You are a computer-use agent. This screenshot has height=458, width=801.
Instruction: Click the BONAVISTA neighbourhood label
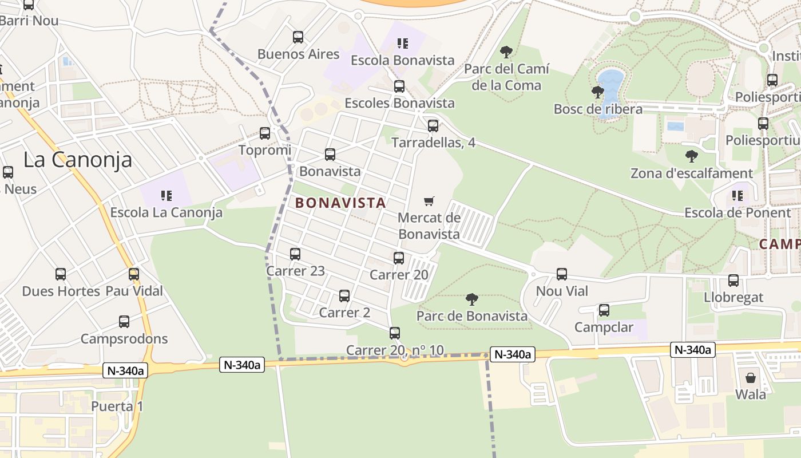(340, 203)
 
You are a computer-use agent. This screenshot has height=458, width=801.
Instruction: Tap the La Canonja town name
(78, 160)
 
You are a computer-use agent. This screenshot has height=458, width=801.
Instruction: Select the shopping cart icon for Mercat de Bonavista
(429, 201)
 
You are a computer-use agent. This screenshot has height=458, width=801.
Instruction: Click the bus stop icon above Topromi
(265, 133)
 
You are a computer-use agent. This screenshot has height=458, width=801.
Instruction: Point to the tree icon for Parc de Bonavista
(472, 299)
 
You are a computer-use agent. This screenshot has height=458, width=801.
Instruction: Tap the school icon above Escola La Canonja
(166, 196)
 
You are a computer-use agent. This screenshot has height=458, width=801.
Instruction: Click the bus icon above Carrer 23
(295, 254)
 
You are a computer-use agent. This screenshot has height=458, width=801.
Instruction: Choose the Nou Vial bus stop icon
(562, 274)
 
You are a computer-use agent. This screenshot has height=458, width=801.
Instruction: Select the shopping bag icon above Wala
(751, 378)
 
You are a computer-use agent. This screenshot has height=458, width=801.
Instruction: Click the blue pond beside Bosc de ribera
(610, 86)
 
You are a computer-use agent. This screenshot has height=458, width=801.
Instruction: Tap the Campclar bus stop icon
(604, 310)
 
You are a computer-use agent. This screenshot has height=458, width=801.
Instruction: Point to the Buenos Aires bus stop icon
(298, 37)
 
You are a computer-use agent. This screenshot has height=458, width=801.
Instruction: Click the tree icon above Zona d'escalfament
(692, 156)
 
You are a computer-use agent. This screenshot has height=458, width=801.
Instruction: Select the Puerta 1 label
(117, 406)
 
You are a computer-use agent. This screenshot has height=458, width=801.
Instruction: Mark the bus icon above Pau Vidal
(134, 274)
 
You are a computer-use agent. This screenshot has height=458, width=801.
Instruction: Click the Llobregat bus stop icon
(733, 281)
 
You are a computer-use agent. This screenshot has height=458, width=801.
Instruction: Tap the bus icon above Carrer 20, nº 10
(395, 333)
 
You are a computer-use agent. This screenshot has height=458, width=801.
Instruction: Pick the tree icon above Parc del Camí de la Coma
(506, 52)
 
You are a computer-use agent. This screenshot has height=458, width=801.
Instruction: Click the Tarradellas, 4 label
(433, 143)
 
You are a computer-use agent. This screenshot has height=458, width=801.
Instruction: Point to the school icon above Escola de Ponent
(737, 196)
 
